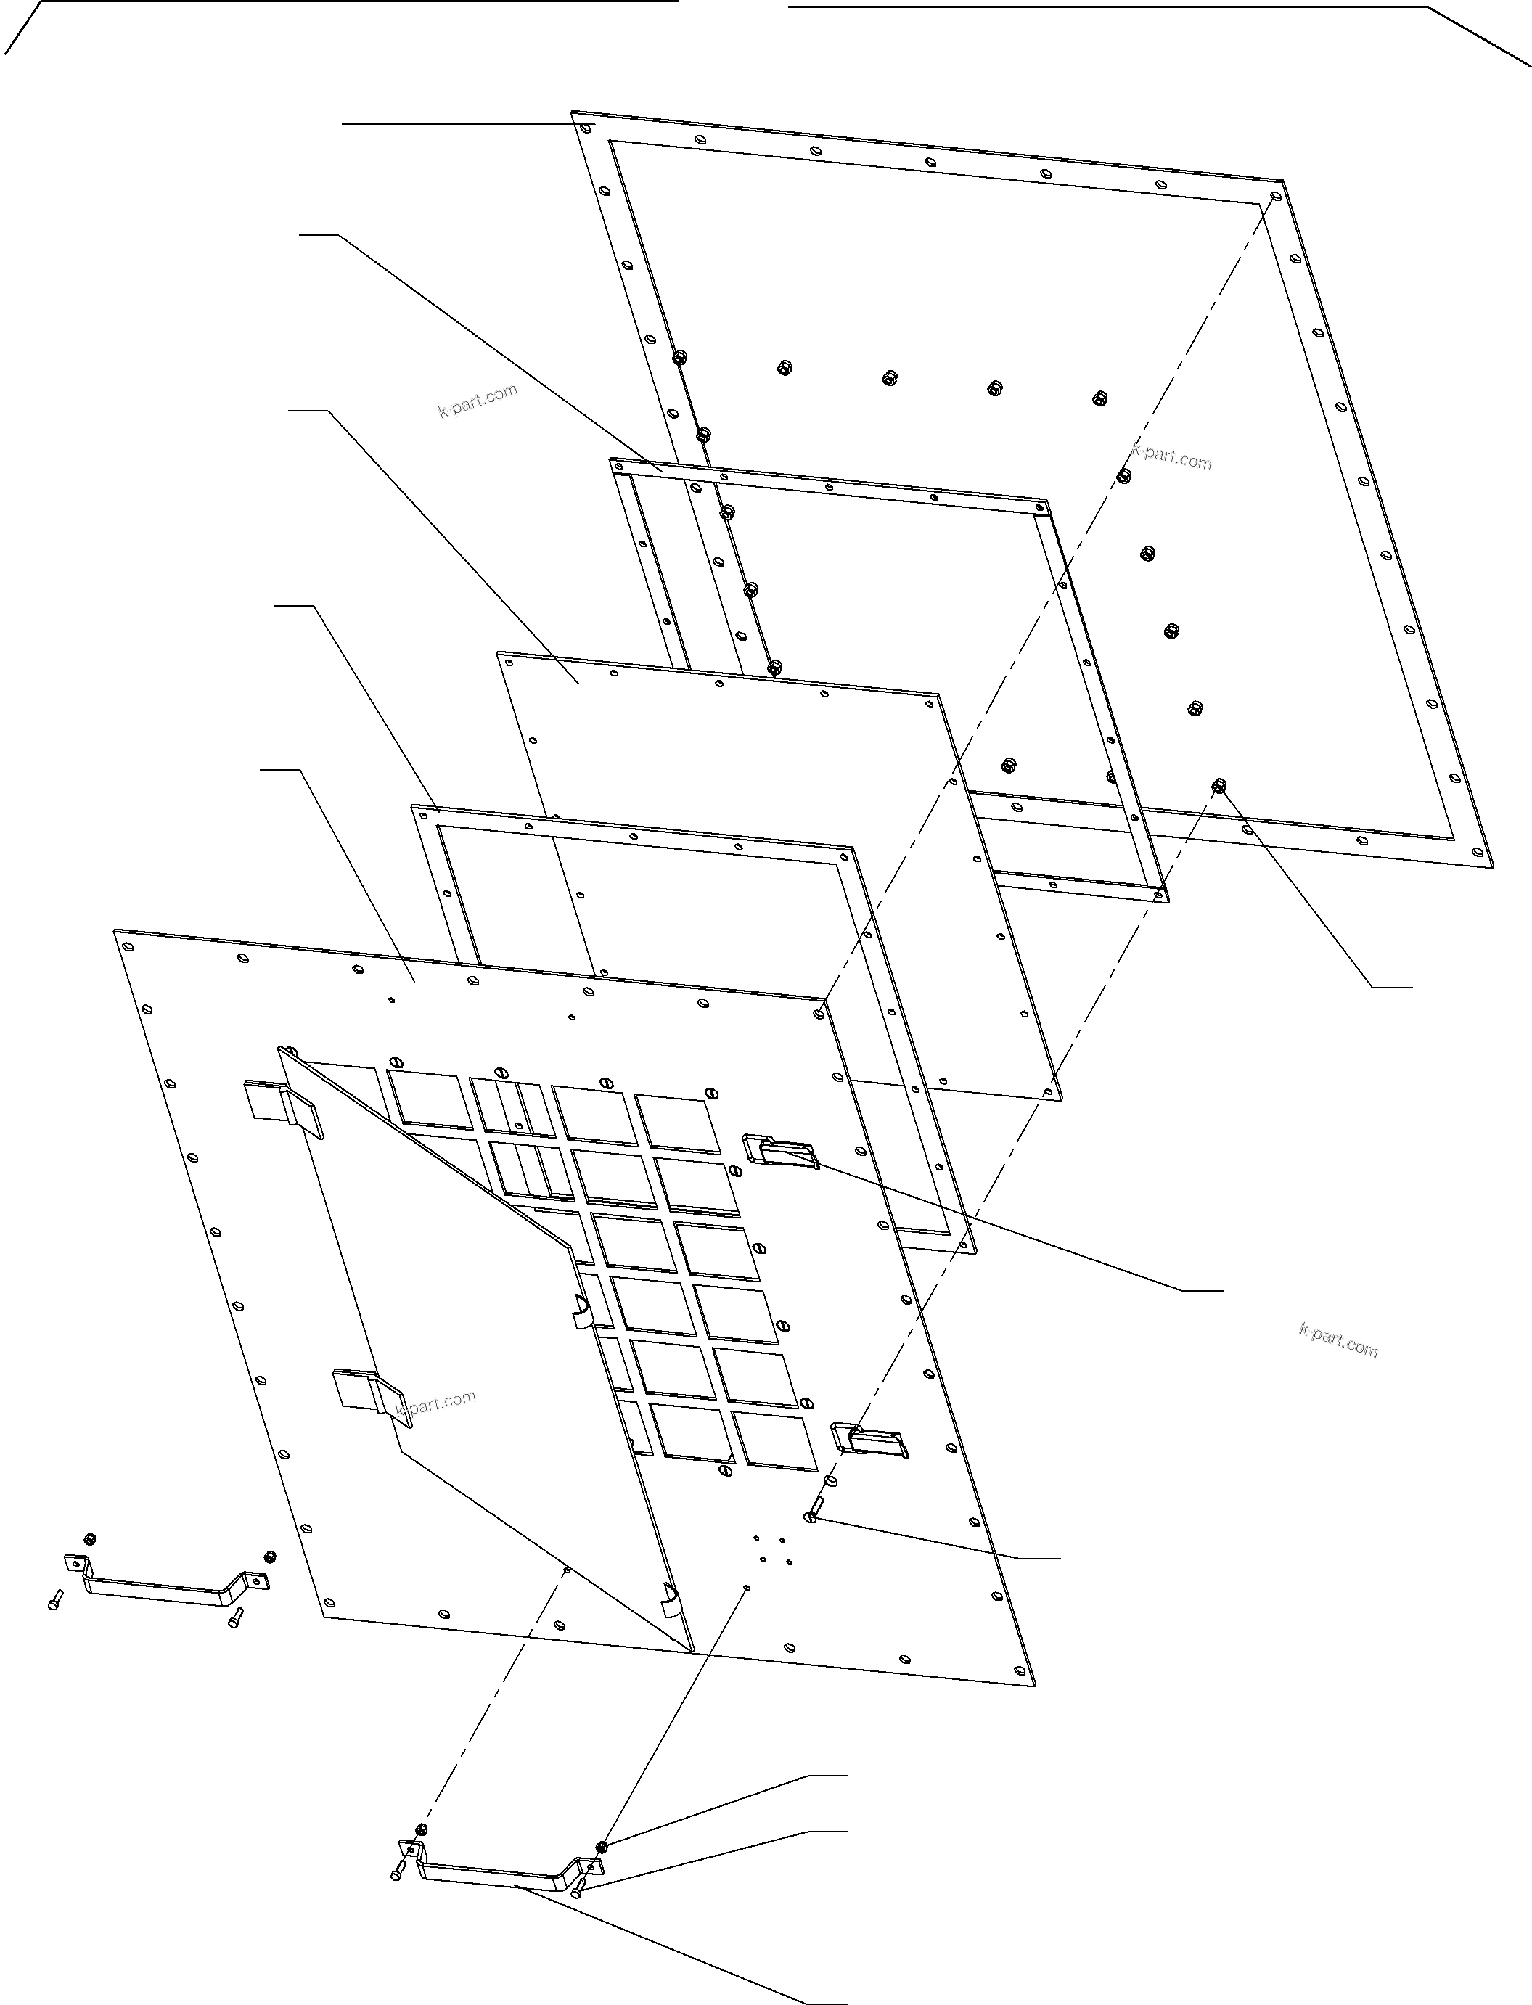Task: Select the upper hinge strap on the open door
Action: tap(285, 1106)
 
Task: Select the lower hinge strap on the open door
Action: tap(369, 1390)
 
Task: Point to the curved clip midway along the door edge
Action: tap(581, 1311)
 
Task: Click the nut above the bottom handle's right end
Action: tap(602, 1846)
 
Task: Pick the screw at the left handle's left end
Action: tap(54, 1599)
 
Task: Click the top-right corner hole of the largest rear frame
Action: tap(1276, 196)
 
